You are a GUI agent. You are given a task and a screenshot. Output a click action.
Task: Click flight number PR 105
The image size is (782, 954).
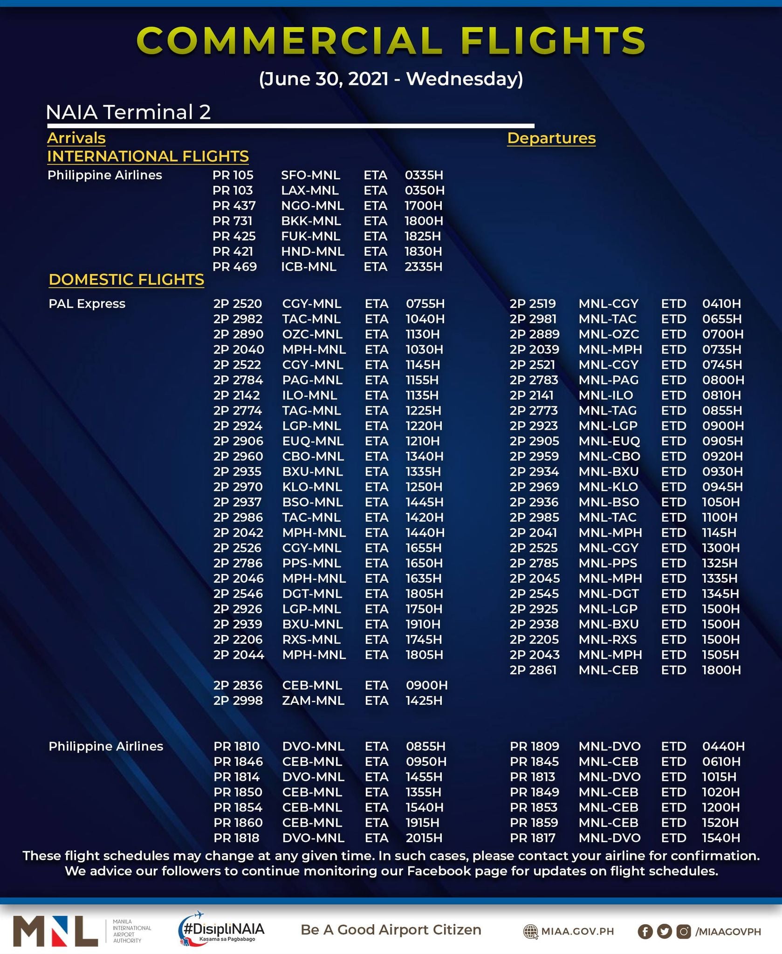[233, 175]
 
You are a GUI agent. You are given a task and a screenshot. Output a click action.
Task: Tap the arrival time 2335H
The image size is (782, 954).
[423, 267]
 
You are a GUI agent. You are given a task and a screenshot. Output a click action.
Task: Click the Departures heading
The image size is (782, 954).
[551, 138]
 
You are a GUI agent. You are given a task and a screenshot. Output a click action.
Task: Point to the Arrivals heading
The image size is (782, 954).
[76, 138]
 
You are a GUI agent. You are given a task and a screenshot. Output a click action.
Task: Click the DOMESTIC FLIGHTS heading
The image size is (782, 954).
[126, 279]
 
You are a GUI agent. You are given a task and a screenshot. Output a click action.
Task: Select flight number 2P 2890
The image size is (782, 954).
[238, 334]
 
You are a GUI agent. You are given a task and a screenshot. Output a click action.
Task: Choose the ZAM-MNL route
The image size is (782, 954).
[313, 701]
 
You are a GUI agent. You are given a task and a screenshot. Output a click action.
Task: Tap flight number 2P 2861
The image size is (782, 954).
[533, 670]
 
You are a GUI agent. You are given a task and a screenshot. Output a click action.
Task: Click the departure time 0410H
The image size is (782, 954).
[721, 304]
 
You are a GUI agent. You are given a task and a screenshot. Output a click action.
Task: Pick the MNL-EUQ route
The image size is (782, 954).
[609, 441]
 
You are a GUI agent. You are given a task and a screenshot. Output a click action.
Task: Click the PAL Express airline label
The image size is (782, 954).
[87, 304]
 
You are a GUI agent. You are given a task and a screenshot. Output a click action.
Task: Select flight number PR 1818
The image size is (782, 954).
[236, 838]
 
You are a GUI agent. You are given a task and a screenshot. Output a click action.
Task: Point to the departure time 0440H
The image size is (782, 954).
[723, 746]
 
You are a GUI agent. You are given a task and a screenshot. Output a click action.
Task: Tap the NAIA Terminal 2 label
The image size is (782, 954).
[128, 112]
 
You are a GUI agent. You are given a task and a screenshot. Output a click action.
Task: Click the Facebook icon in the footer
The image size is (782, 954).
[645, 931]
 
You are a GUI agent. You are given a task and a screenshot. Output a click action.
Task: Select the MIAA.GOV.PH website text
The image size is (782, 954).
[577, 931]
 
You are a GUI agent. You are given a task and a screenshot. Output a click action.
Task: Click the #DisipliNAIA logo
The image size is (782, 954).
[221, 929]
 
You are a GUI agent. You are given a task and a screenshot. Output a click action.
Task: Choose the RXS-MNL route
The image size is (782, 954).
[311, 640]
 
